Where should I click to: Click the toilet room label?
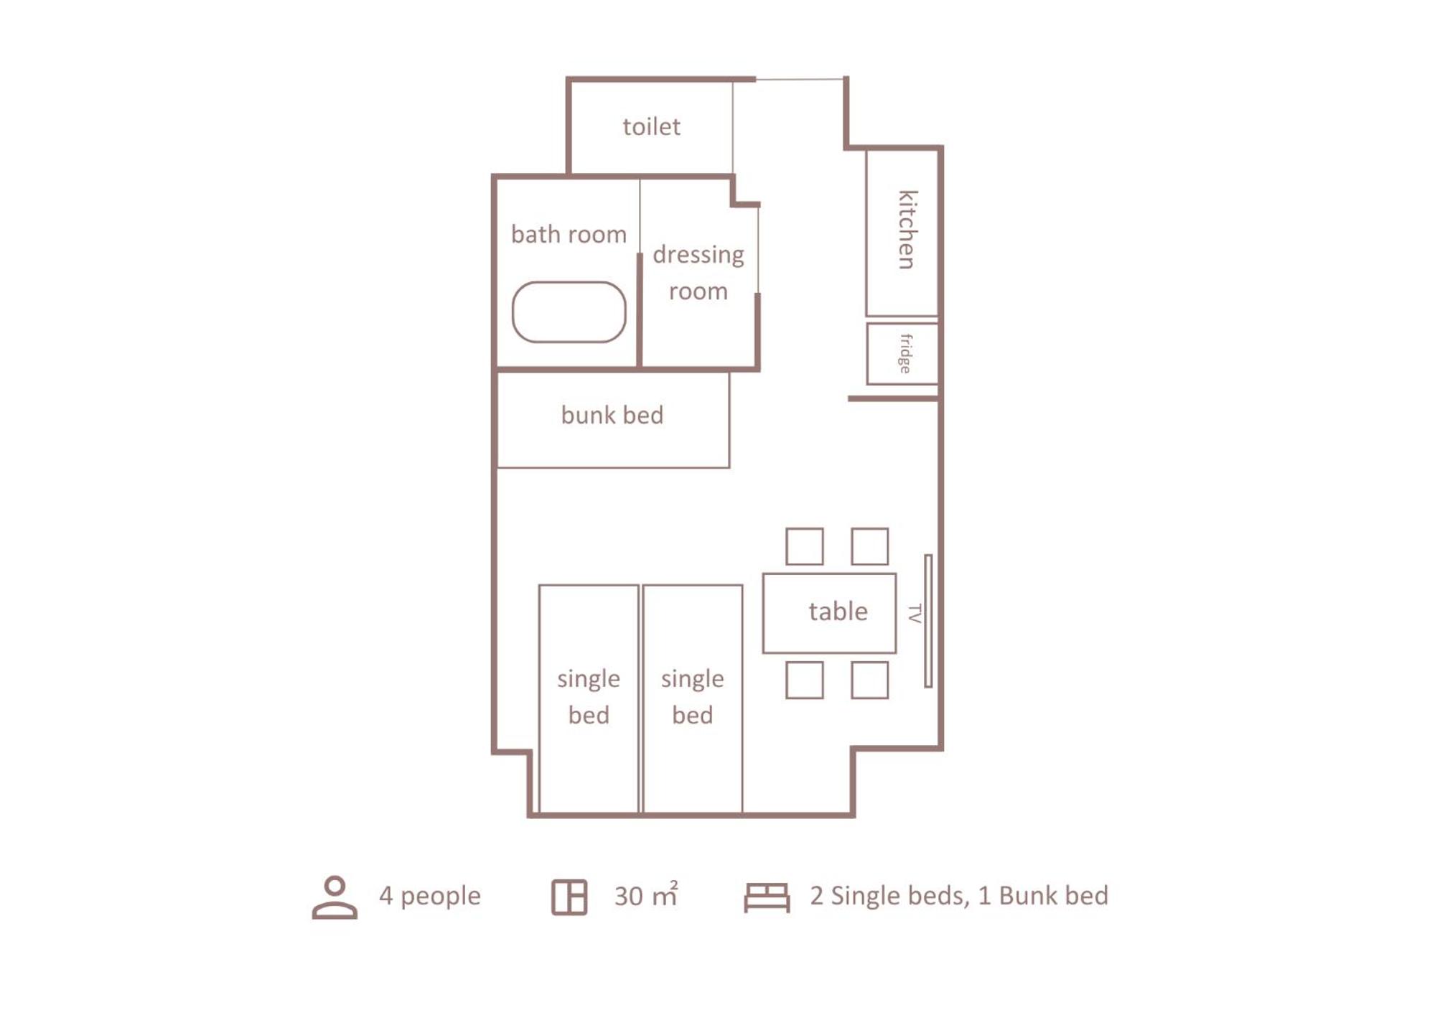pyautogui.click(x=651, y=126)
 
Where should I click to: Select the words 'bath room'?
pyautogui.click(x=569, y=234)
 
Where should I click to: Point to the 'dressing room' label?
pyautogui.click(x=698, y=273)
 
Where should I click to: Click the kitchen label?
pyautogui.click(x=907, y=230)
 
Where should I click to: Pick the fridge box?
pyautogui.click(x=902, y=353)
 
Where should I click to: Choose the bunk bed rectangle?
pyautogui.click(x=613, y=420)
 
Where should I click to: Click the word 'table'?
pyautogui.click(x=838, y=612)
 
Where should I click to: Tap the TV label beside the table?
pyautogui.click(x=914, y=614)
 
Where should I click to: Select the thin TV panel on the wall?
pyautogui.click(x=928, y=621)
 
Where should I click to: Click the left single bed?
pyautogui.click(x=589, y=698)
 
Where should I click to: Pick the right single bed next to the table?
pyautogui.click(x=693, y=698)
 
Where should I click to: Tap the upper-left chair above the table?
pyautogui.click(x=804, y=546)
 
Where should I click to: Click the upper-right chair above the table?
pyautogui.click(x=869, y=546)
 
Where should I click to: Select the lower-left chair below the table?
pyautogui.click(x=804, y=680)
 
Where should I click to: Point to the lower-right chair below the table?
pyautogui.click(x=869, y=680)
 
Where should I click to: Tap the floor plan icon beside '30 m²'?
pyautogui.click(x=569, y=897)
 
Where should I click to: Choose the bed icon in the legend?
pyautogui.click(x=767, y=897)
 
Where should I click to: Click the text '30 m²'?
pyautogui.click(x=646, y=895)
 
